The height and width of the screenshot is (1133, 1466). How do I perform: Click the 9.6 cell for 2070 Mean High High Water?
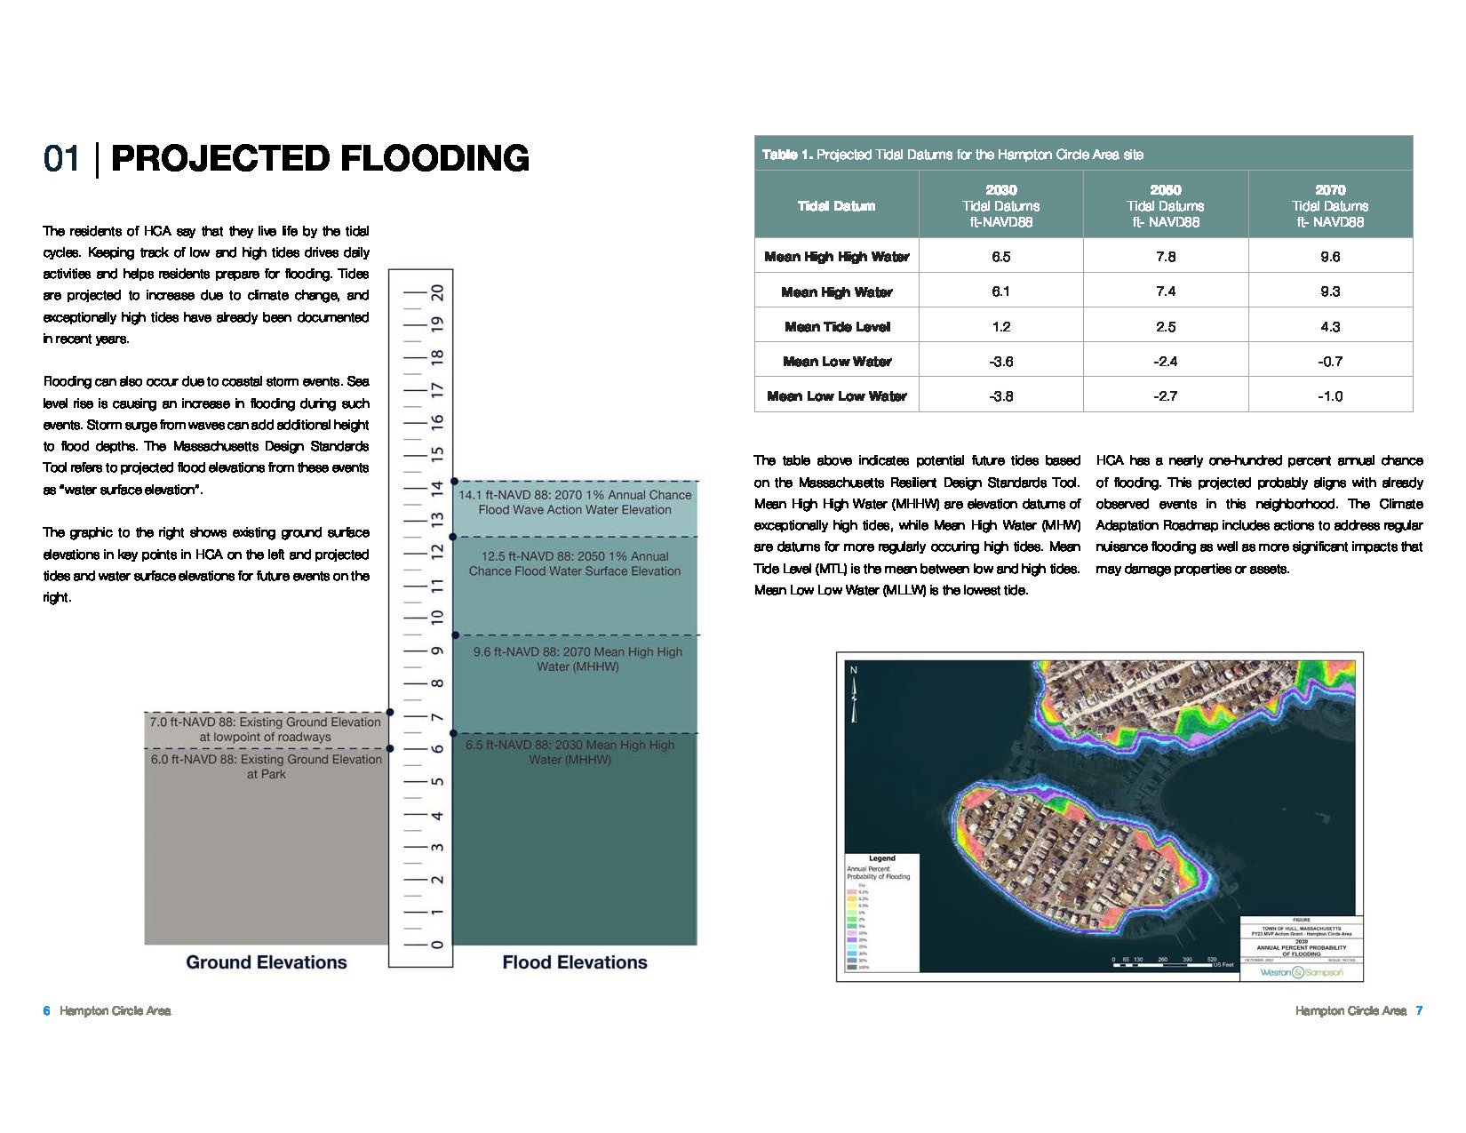[x=1330, y=257]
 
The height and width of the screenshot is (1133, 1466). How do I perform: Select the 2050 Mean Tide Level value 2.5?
[x=1166, y=327]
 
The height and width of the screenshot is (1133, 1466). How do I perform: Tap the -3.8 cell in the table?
[x=1001, y=396]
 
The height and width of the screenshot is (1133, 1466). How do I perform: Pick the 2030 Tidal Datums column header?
[x=1001, y=206]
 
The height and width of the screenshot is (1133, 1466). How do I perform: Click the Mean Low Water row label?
[x=837, y=362]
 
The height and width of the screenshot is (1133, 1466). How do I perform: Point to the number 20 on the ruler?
[x=437, y=293]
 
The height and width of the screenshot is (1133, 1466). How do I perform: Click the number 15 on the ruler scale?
[x=437, y=454]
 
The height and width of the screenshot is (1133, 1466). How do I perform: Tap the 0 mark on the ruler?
[x=437, y=945]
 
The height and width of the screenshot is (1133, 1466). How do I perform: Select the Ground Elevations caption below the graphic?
[x=267, y=962]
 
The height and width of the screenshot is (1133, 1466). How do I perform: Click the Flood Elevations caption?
[x=575, y=962]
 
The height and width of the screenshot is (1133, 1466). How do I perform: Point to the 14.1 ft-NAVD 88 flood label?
[x=575, y=502]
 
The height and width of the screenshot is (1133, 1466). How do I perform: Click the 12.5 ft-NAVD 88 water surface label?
[x=575, y=563]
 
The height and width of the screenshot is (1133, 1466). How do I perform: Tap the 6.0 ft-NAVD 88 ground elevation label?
[x=266, y=767]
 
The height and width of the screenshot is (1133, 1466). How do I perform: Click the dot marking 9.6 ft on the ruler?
[x=454, y=635]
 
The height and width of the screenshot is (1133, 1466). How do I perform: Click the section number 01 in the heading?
[x=61, y=159]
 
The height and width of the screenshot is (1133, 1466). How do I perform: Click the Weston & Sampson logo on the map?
[x=1302, y=972]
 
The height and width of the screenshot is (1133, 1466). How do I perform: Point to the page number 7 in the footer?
[x=1420, y=1010]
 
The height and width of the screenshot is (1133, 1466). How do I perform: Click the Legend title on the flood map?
[x=881, y=858]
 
